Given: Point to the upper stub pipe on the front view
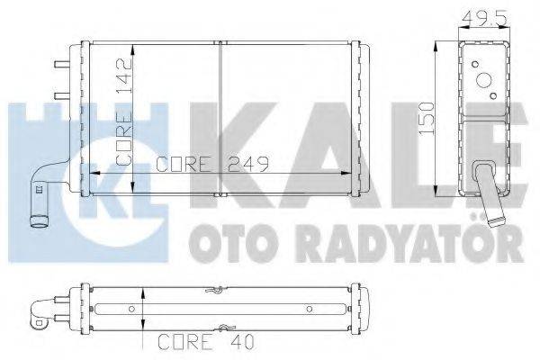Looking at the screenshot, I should [61, 65].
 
